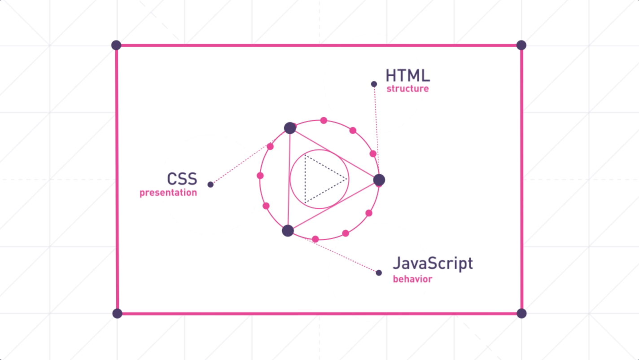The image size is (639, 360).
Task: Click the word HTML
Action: click(407, 75)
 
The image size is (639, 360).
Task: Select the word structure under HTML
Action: click(407, 88)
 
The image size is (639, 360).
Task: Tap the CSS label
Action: click(182, 179)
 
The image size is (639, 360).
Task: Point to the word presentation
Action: click(168, 193)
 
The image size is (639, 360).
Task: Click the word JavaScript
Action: click(433, 263)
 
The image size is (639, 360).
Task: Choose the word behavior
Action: click(412, 279)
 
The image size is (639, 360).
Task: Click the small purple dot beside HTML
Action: click(374, 84)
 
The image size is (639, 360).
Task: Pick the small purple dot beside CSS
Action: click(210, 184)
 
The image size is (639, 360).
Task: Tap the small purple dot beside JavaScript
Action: click(379, 272)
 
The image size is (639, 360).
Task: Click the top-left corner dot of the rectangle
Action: click(116, 45)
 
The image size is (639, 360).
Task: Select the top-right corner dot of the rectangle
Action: click(521, 45)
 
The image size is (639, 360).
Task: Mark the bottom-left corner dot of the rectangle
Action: click(117, 313)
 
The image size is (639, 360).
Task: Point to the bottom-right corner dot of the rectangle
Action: click(521, 313)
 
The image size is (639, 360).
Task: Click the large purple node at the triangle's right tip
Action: click(379, 180)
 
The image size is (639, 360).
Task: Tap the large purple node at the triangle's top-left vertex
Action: click(290, 128)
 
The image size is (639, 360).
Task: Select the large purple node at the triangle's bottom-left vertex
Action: click(288, 231)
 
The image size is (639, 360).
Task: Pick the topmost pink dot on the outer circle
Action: click(324, 120)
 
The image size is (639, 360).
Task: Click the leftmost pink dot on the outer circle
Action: click(260, 176)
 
